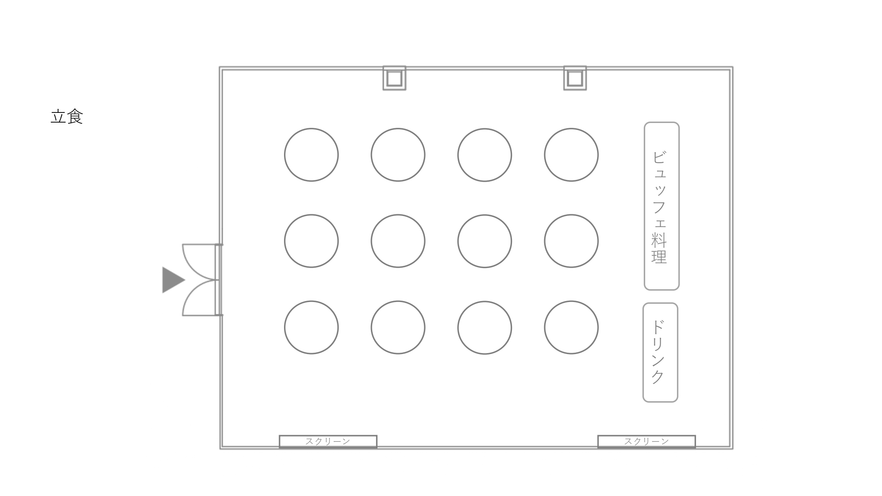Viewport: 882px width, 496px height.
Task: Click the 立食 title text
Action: tap(67, 117)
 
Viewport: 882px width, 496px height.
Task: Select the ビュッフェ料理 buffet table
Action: tap(661, 206)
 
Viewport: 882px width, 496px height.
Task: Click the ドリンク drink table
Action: tap(660, 352)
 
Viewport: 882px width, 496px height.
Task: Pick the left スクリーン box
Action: tap(328, 441)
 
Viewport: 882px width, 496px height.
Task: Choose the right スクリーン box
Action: tap(647, 441)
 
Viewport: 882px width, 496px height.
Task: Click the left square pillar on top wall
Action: tap(394, 78)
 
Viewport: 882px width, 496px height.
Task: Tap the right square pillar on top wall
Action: tap(575, 78)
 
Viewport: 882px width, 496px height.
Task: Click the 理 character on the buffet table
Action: tap(659, 256)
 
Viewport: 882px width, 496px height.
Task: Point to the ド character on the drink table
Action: tap(658, 327)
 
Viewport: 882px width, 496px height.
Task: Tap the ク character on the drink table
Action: tap(658, 377)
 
